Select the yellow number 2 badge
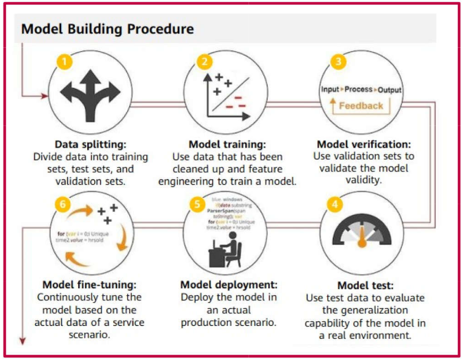point(204,61)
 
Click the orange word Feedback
point(361,105)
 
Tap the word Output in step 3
point(390,89)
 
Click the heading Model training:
point(227,145)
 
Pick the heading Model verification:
point(364,145)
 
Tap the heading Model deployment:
point(228,284)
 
